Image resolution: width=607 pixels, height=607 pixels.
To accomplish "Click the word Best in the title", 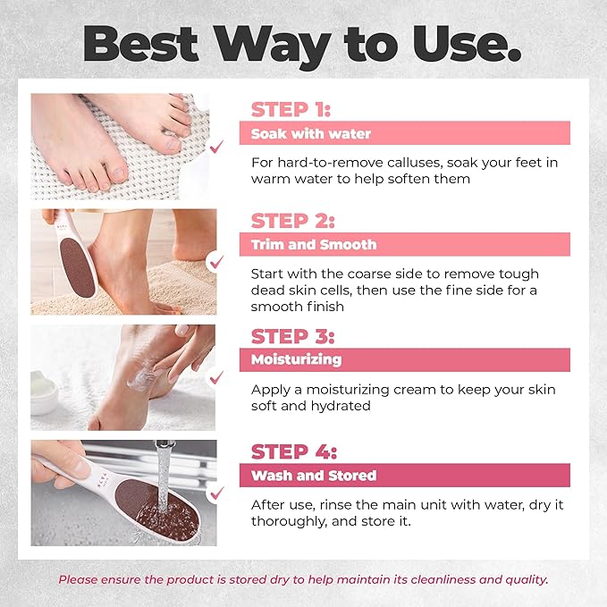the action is (x=140, y=43).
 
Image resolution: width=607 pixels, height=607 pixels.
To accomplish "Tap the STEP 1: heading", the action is (x=291, y=110).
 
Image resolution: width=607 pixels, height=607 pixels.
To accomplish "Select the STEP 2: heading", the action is (x=292, y=221).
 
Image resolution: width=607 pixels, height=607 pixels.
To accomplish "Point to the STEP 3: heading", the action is (x=292, y=336).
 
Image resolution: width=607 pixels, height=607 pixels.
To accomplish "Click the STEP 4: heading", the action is (x=294, y=451).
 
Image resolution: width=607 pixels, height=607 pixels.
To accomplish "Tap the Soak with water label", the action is (x=311, y=134).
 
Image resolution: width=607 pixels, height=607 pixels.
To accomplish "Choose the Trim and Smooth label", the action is (x=314, y=245).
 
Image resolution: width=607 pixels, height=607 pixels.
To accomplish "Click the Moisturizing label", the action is (x=297, y=359).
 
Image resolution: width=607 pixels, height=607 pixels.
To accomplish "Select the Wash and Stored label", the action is (x=314, y=476).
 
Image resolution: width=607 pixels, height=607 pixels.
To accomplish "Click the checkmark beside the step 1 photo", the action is (x=216, y=147).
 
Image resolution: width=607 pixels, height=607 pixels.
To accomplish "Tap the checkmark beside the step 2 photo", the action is (x=216, y=262).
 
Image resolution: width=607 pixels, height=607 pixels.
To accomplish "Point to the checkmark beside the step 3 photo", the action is (x=216, y=377).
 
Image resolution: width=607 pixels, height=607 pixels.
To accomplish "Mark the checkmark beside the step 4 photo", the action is (x=216, y=493).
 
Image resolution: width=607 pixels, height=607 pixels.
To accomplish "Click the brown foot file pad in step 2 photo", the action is (x=78, y=267).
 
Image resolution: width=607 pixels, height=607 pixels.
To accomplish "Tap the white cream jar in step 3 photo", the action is (x=43, y=393).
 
